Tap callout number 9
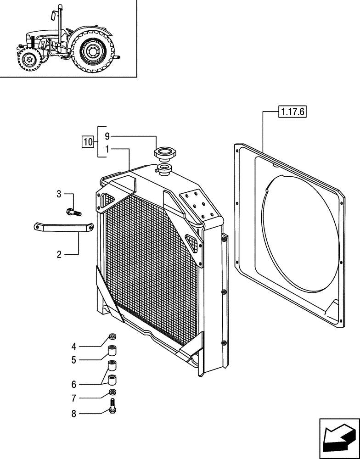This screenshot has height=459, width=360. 107,136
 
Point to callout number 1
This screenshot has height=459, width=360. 107,150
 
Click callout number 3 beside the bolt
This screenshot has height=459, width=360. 59,194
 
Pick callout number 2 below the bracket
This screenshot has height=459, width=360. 59,254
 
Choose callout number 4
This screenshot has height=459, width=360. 74,347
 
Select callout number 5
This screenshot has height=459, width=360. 74,360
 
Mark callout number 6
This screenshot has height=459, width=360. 74,384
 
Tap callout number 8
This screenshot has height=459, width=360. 74,414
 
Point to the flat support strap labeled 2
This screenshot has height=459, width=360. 64,227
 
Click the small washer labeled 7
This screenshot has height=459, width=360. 112,392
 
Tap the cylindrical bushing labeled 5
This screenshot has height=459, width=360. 112,352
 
